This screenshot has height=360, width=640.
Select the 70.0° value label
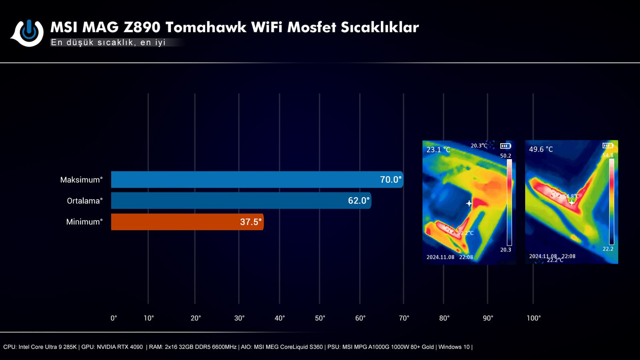point(390,180)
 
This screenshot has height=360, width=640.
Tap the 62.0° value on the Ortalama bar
point(358,201)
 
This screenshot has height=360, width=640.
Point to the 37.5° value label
point(250,222)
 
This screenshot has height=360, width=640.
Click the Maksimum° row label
point(81,180)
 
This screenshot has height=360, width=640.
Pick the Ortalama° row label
point(84,201)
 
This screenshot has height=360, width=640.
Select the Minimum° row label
point(84,222)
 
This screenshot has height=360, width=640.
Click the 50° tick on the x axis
point(320,318)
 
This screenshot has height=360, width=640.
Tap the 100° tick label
point(533,318)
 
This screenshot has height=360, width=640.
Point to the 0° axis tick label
point(114,318)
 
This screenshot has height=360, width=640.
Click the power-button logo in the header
point(28,33)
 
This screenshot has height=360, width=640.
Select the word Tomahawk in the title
point(206,27)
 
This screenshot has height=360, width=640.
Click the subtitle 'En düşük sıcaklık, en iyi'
point(108,42)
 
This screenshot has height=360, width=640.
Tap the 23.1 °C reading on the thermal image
point(438,150)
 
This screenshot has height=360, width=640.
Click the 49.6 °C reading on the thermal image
point(541,149)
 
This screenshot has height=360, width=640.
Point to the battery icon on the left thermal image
point(505,146)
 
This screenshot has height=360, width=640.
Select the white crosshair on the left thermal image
point(469,204)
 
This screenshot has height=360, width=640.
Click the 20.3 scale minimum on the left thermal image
point(506,250)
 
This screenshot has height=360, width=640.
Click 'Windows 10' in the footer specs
point(454,347)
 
